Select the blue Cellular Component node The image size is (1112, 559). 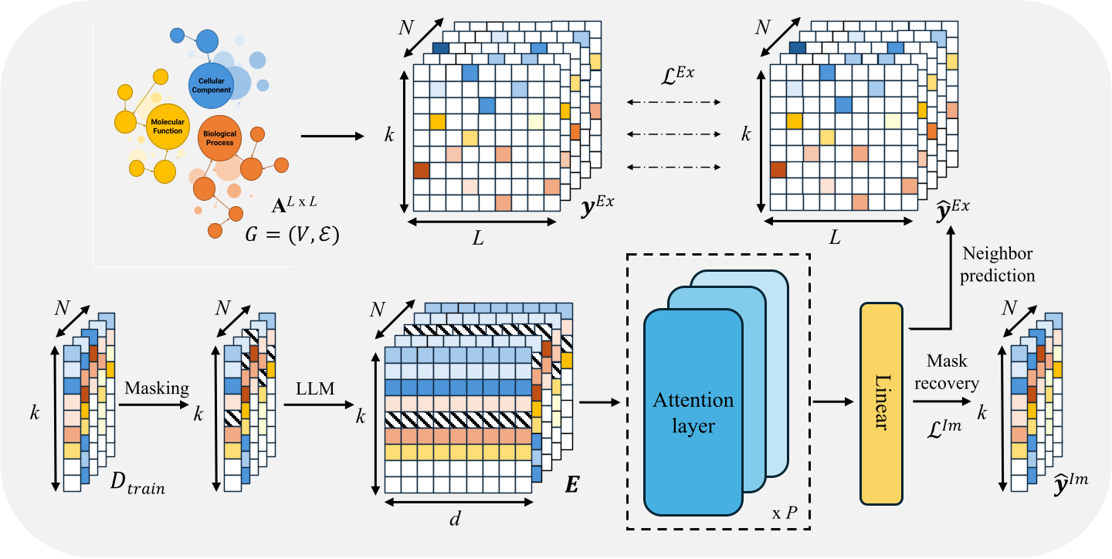[x=211, y=86]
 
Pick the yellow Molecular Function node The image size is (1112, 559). [x=168, y=127]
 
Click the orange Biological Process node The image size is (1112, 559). [x=219, y=138]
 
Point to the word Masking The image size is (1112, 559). [x=157, y=388]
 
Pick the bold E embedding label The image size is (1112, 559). [x=573, y=486]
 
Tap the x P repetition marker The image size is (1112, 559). [x=785, y=513]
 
